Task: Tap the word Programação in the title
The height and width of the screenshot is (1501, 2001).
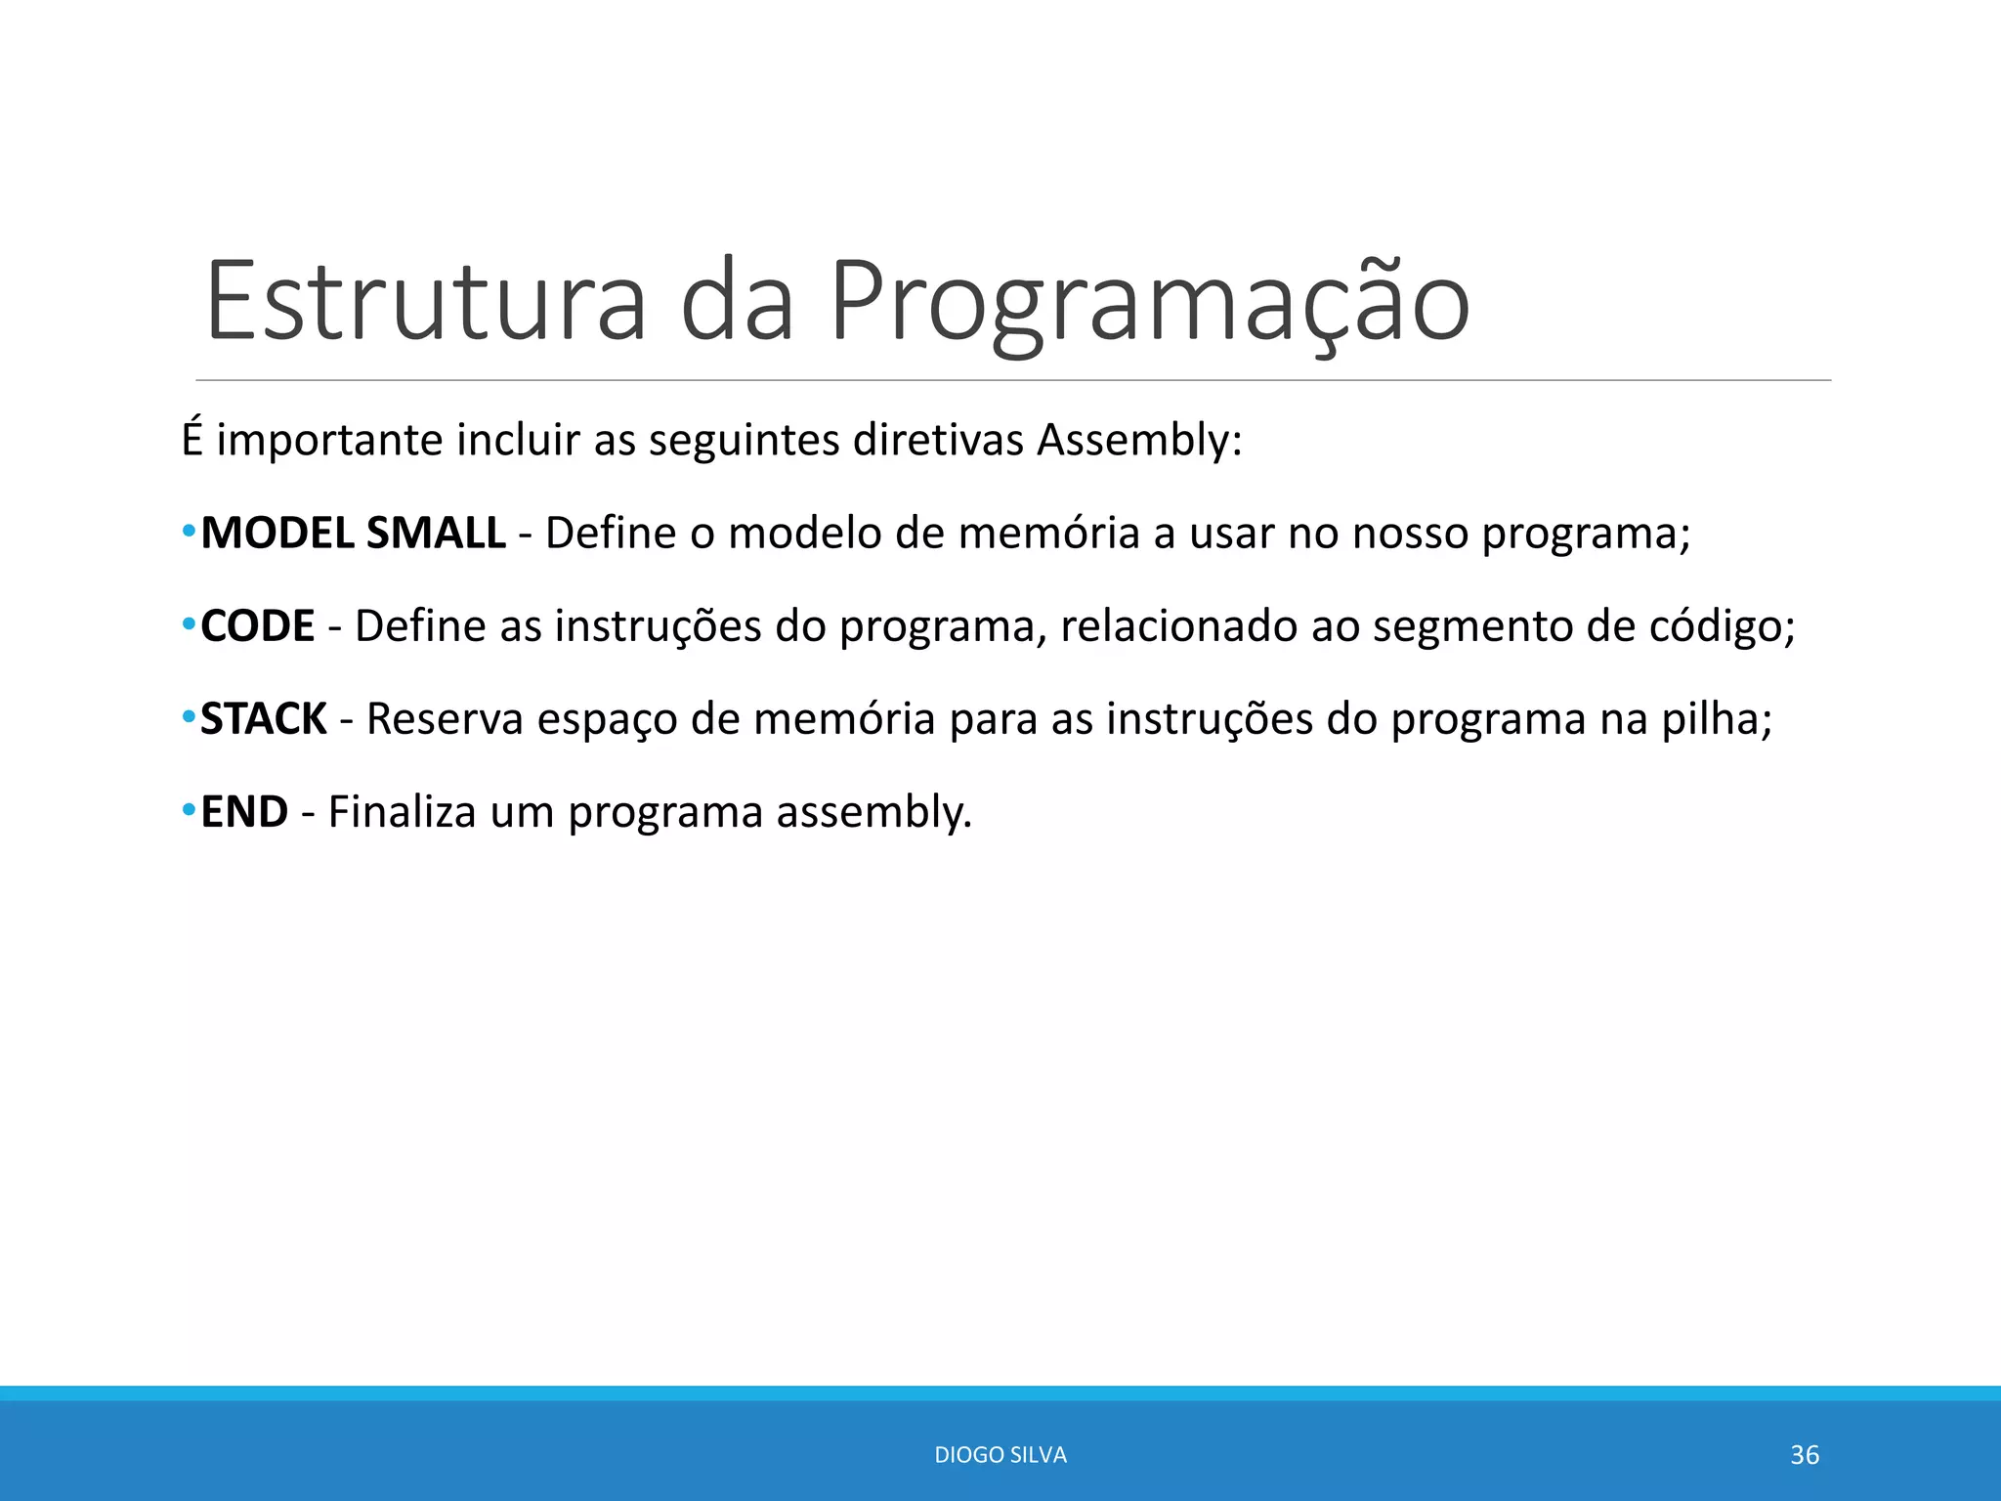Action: click(x=1149, y=300)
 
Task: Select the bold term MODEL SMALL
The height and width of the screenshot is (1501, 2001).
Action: click(x=353, y=534)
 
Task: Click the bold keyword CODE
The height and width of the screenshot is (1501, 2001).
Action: click(x=258, y=626)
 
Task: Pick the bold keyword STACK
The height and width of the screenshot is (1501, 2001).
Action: click(x=264, y=719)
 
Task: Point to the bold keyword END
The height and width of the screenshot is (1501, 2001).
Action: click(x=244, y=812)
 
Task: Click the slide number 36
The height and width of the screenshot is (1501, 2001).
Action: click(x=1805, y=1455)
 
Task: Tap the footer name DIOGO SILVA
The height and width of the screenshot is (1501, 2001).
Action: click(x=1000, y=1455)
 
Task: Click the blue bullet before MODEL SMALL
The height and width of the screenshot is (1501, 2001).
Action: click(x=189, y=534)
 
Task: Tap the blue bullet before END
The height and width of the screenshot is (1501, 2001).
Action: click(x=189, y=812)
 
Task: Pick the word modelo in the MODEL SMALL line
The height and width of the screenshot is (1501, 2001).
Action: click(x=805, y=534)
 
